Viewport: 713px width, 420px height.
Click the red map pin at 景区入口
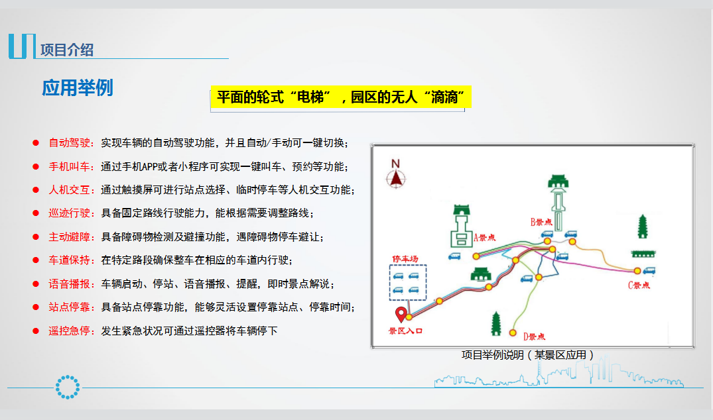tap(401, 314)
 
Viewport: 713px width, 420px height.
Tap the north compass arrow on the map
tap(396, 178)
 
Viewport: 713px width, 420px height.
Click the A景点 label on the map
tap(485, 237)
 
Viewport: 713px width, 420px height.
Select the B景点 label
tap(541, 222)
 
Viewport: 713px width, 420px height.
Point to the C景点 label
tap(639, 285)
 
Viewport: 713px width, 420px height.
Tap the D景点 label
tap(534, 337)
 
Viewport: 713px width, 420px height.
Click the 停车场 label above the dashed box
tap(405, 259)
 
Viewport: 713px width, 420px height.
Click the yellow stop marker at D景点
tap(513, 333)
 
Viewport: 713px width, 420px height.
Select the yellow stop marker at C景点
tap(637, 271)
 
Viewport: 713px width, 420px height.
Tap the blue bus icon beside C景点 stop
tap(649, 271)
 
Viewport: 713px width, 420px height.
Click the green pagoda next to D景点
tap(496, 323)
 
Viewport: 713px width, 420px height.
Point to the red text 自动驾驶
tap(70, 143)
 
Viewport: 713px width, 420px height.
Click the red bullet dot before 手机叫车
tap(36, 167)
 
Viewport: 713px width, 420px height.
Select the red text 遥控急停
tap(70, 331)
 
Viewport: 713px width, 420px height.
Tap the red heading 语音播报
tap(70, 284)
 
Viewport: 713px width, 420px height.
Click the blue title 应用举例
tap(78, 87)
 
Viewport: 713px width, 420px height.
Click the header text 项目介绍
tap(67, 50)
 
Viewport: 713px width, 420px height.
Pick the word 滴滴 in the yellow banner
tap(444, 97)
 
